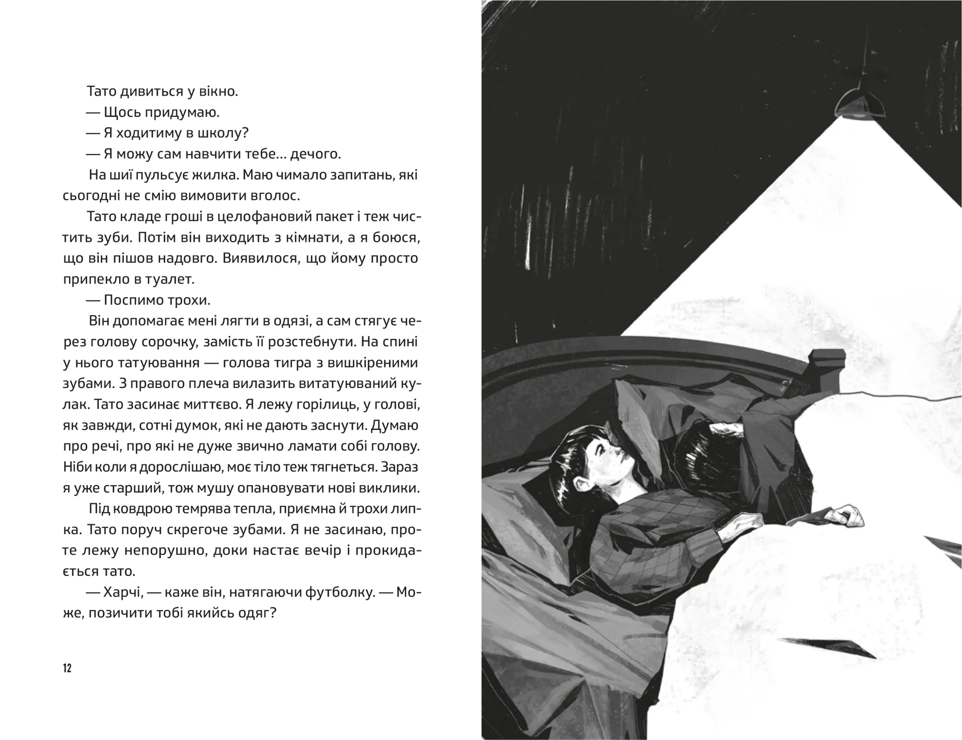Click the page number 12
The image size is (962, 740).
(x=68, y=668)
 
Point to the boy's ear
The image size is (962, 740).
(x=580, y=485)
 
